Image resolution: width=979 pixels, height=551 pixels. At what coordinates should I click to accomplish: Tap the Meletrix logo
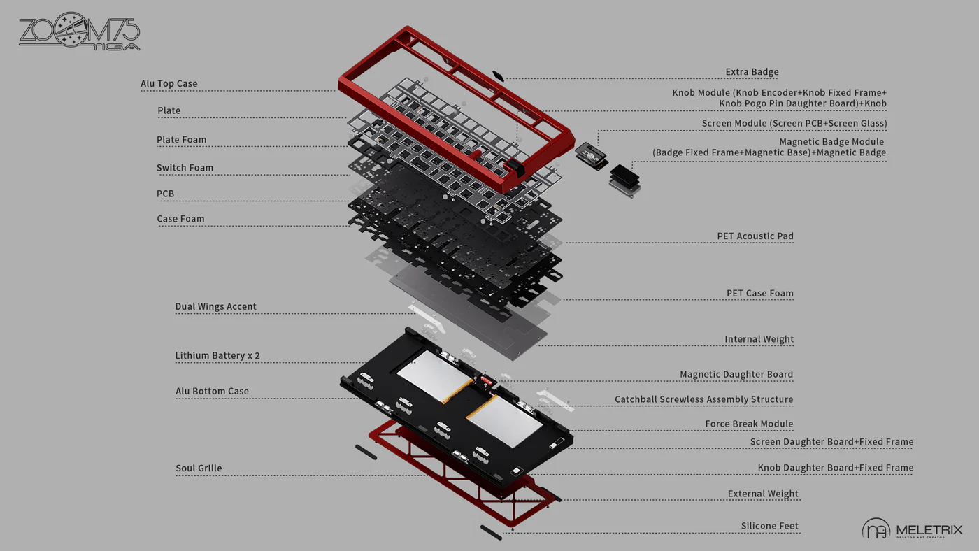click(x=912, y=529)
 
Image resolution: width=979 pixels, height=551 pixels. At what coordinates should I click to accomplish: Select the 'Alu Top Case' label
click(x=169, y=84)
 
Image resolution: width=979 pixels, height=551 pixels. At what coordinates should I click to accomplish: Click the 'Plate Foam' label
click(x=182, y=140)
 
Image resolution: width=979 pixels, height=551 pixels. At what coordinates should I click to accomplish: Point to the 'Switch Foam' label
click(x=185, y=168)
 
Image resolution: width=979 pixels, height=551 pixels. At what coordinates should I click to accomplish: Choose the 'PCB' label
click(x=166, y=194)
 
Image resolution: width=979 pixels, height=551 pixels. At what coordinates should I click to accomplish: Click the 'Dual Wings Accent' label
click(x=215, y=307)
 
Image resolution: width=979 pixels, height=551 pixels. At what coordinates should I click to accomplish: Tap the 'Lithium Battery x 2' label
click(x=217, y=356)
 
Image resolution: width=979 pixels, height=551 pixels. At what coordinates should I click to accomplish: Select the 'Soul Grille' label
click(x=199, y=468)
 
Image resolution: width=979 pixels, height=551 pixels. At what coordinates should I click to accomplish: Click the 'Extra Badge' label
click(x=752, y=72)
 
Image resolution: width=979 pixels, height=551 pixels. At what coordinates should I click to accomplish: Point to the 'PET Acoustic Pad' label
click(x=755, y=236)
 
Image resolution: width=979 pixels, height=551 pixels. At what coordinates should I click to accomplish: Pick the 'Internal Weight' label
click(x=759, y=340)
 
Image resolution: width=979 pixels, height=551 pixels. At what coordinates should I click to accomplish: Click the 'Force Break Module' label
click(x=749, y=424)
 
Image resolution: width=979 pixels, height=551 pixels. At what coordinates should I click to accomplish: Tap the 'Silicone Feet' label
click(x=769, y=527)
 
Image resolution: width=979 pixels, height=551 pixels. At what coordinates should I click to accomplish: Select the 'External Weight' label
click(x=763, y=494)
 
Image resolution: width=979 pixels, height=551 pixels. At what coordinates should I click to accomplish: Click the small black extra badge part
click(x=498, y=74)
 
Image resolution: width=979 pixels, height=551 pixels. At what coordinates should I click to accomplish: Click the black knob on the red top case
click(x=515, y=169)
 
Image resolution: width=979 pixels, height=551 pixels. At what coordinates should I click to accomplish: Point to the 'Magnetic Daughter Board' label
click(x=736, y=375)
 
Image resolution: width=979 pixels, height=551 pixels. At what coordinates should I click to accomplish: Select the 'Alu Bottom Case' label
click(x=212, y=392)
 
